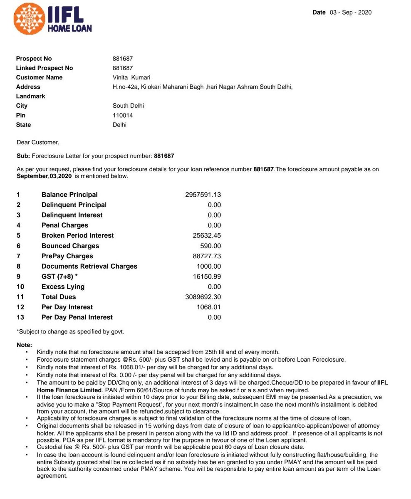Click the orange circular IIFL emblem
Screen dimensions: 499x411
pyautogui.click(x=30, y=19)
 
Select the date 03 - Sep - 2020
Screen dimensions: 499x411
pyautogui.click(x=350, y=12)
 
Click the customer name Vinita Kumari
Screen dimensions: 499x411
pyautogui.click(x=131, y=77)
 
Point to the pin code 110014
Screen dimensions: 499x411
pyautogui.click(x=123, y=115)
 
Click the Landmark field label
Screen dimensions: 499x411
pyautogui.click(x=30, y=96)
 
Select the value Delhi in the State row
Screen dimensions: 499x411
pyautogui.click(x=119, y=125)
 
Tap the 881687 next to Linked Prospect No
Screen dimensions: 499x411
pyautogui.click(x=123, y=68)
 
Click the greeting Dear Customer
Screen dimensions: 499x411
pyautogui.click(x=38, y=142)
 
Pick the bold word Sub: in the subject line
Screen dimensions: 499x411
pyautogui.click(x=23, y=156)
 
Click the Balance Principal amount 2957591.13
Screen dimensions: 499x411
pyautogui.click(x=203, y=195)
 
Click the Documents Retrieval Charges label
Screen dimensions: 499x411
pyautogui.click(x=89, y=266)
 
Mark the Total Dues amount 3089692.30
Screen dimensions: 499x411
pyautogui.click(x=203, y=297)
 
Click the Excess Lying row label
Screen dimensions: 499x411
pyautogui.click(x=63, y=287)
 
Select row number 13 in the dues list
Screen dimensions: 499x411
pyautogui.click(x=20, y=317)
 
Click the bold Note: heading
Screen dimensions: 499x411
pyautogui.click(x=24, y=345)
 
